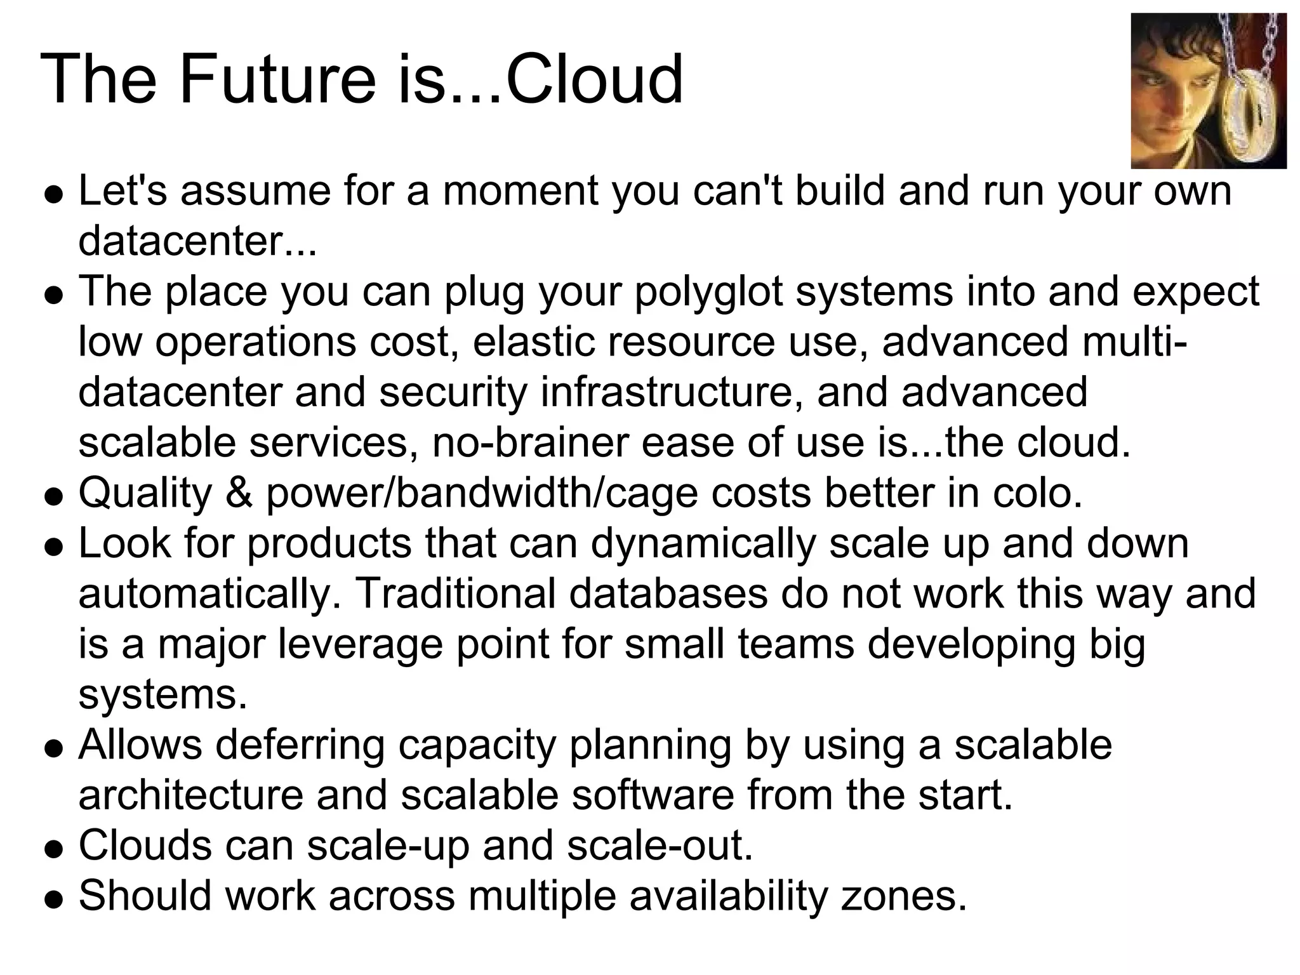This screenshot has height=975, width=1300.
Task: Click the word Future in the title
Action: (277, 80)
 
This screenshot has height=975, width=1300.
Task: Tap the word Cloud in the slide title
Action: (594, 80)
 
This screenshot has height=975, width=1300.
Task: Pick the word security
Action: (453, 392)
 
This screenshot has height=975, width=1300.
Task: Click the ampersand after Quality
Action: (239, 493)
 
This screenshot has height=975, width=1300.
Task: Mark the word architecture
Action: (190, 795)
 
